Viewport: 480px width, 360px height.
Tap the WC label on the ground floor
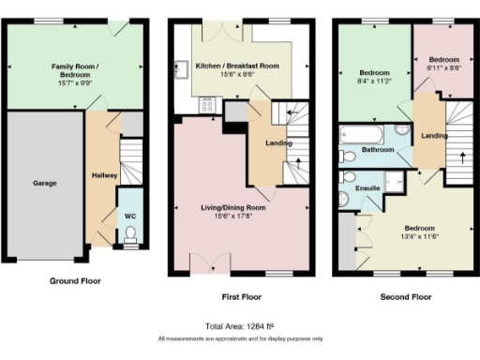click(x=130, y=216)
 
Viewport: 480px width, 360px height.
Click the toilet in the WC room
click(x=130, y=234)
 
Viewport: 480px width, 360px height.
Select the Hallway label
click(x=103, y=175)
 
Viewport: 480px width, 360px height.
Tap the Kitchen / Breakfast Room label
click(x=237, y=66)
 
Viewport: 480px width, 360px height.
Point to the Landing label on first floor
click(x=278, y=143)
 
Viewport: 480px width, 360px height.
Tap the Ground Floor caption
click(x=74, y=280)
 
